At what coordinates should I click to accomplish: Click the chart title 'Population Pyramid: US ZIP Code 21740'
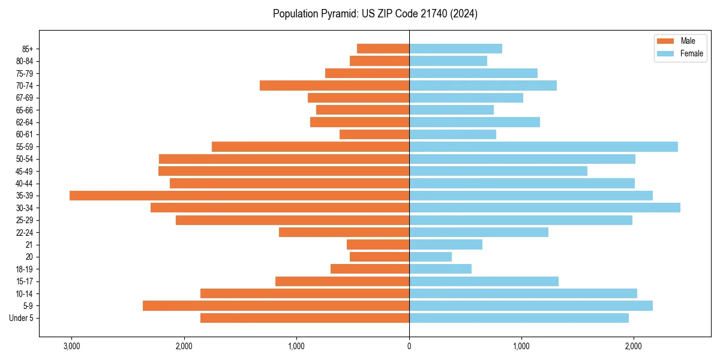375,14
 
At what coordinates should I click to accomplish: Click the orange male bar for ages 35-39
239,196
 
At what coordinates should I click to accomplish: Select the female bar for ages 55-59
543,146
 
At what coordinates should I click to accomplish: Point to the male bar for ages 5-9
276,305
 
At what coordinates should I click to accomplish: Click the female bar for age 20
430,257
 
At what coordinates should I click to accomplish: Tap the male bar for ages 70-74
334,85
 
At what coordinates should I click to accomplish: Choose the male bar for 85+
383,49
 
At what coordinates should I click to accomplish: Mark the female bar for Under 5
518,318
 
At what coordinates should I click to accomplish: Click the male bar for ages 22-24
344,232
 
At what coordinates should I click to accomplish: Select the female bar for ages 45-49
498,171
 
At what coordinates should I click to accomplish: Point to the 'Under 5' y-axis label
22,318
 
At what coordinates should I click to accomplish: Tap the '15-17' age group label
25,281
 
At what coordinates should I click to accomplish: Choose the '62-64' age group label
25,122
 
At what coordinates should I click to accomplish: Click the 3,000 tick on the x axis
71,346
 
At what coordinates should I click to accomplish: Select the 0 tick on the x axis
409,346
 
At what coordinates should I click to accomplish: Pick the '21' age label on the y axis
29,245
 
